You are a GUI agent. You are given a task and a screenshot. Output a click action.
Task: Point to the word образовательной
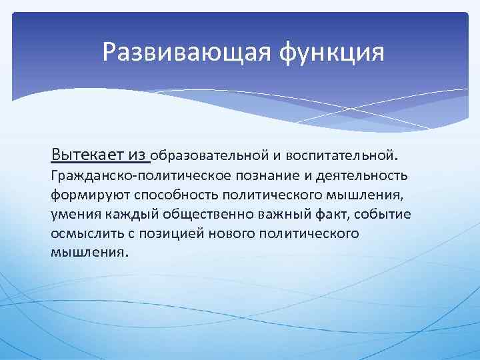[210, 156]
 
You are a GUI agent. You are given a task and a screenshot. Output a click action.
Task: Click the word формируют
[91, 195]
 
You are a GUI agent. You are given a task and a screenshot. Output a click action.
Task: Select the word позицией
[167, 234]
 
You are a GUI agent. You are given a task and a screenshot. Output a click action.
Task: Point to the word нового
[228, 234]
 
